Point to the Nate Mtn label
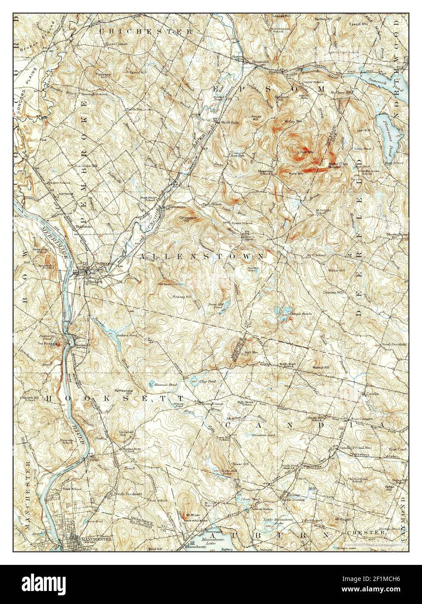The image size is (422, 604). tap(296, 173)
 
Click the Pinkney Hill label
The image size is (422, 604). tap(183, 296)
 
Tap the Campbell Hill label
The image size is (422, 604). tap(123, 435)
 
